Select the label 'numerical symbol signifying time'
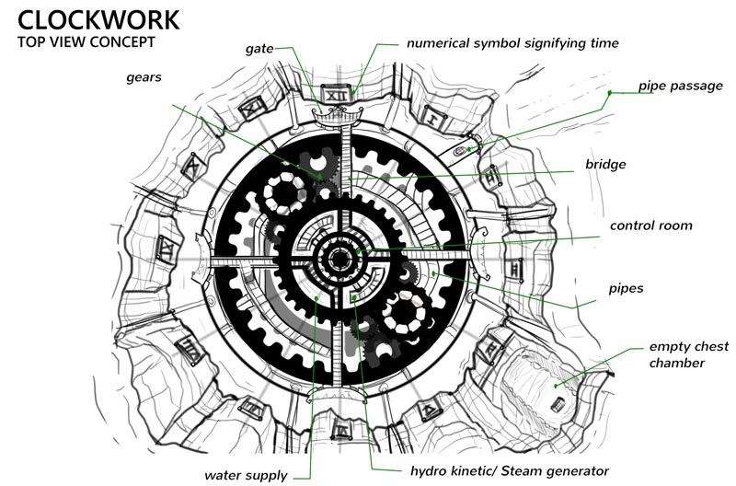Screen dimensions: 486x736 513,42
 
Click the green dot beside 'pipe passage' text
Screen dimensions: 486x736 609,93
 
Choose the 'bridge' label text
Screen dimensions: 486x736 605,164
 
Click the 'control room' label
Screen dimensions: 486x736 650,225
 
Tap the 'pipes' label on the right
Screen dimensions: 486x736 625,288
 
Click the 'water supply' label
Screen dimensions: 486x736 245,476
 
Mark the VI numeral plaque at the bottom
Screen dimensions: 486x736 341,429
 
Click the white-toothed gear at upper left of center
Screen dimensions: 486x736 286,194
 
